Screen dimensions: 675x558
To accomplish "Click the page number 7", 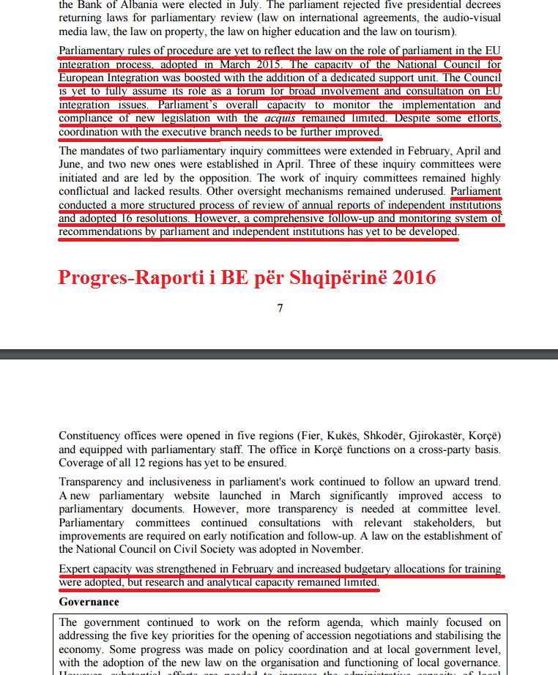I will point(280,308).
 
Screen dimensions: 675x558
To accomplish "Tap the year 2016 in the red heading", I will point(412,278).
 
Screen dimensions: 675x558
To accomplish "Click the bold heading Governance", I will point(89,602).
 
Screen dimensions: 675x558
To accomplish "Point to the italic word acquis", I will point(279,118).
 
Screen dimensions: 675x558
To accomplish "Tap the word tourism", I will point(435,32).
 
